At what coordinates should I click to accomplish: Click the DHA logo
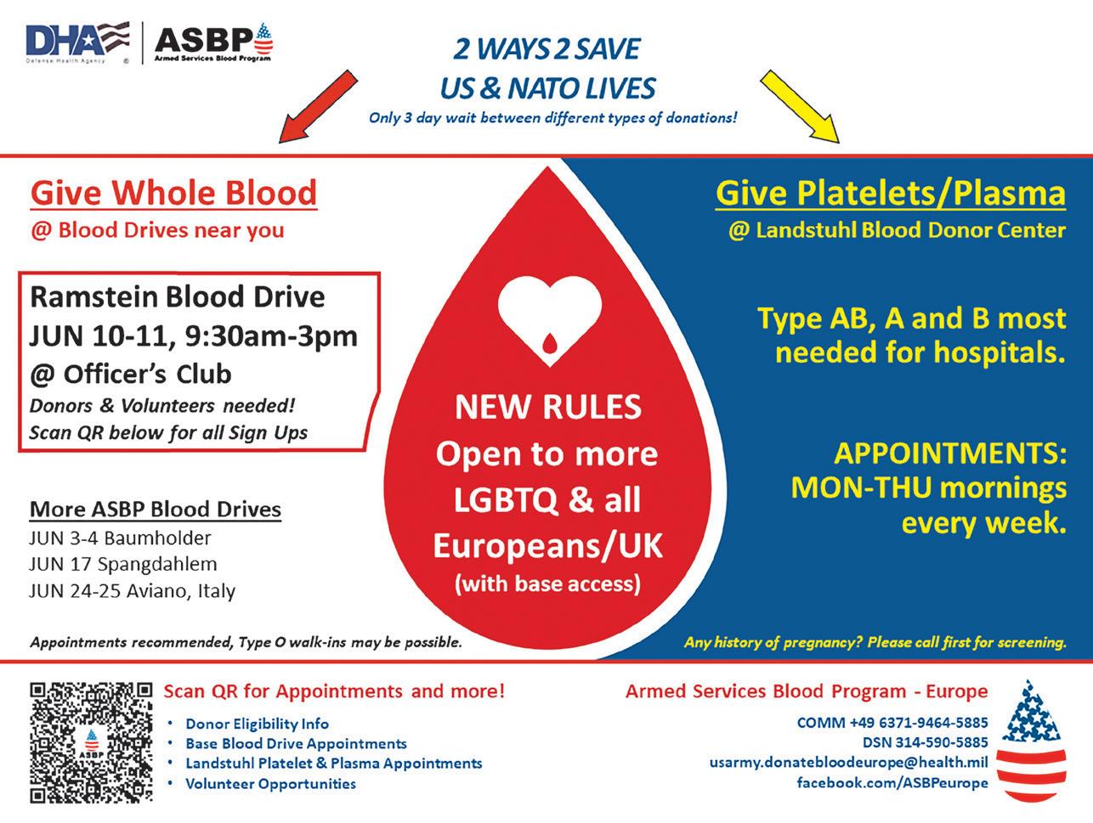pyautogui.click(x=77, y=42)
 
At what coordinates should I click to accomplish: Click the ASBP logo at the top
pyautogui.click(x=213, y=42)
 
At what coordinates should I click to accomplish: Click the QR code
pyautogui.click(x=91, y=741)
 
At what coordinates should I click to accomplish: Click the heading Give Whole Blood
pyautogui.click(x=173, y=193)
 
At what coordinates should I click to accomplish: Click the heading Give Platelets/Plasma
pyautogui.click(x=890, y=193)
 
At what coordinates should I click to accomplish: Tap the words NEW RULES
pyautogui.click(x=548, y=408)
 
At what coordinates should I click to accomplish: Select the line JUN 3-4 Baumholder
pyautogui.click(x=119, y=538)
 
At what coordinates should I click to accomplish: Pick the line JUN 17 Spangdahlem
pyautogui.click(x=122, y=564)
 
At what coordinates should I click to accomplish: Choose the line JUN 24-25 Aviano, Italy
pyautogui.click(x=132, y=590)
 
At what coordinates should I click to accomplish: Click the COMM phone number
pyautogui.click(x=892, y=723)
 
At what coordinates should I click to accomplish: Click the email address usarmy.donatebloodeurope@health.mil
pyautogui.click(x=848, y=763)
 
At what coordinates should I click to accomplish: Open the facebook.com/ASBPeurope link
pyautogui.click(x=892, y=782)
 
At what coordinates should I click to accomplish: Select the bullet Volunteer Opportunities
pyautogui.click(x=270, y=783)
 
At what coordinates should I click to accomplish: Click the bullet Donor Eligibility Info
pyautogui.click(x=257, y=724)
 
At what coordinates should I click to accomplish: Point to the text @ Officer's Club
pyautogui.click(x=130, y=374)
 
